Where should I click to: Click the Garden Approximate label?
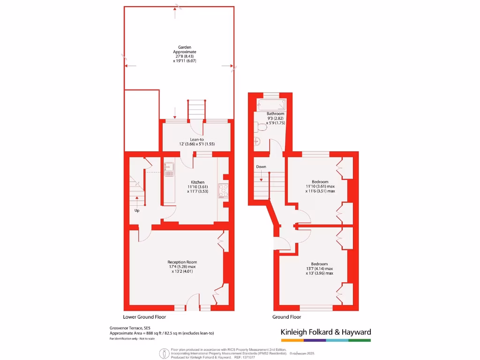tap(184, 49)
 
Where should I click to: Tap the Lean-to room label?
tap(196, 139)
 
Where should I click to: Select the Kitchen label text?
tap(197, 182)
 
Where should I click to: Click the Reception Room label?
tap(182, 262)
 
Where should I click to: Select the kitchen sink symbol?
tap(168, 169)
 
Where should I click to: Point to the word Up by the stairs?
tap(137, 210)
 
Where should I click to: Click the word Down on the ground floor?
tap(261, 167)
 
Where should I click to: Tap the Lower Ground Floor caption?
tap(144, 317)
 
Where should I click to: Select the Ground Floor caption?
tap(287, 317)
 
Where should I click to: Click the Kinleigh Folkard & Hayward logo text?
tap(326, 332)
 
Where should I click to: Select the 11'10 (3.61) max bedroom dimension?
tap(320, 187)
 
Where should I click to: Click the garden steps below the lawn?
tap(197, 109)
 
